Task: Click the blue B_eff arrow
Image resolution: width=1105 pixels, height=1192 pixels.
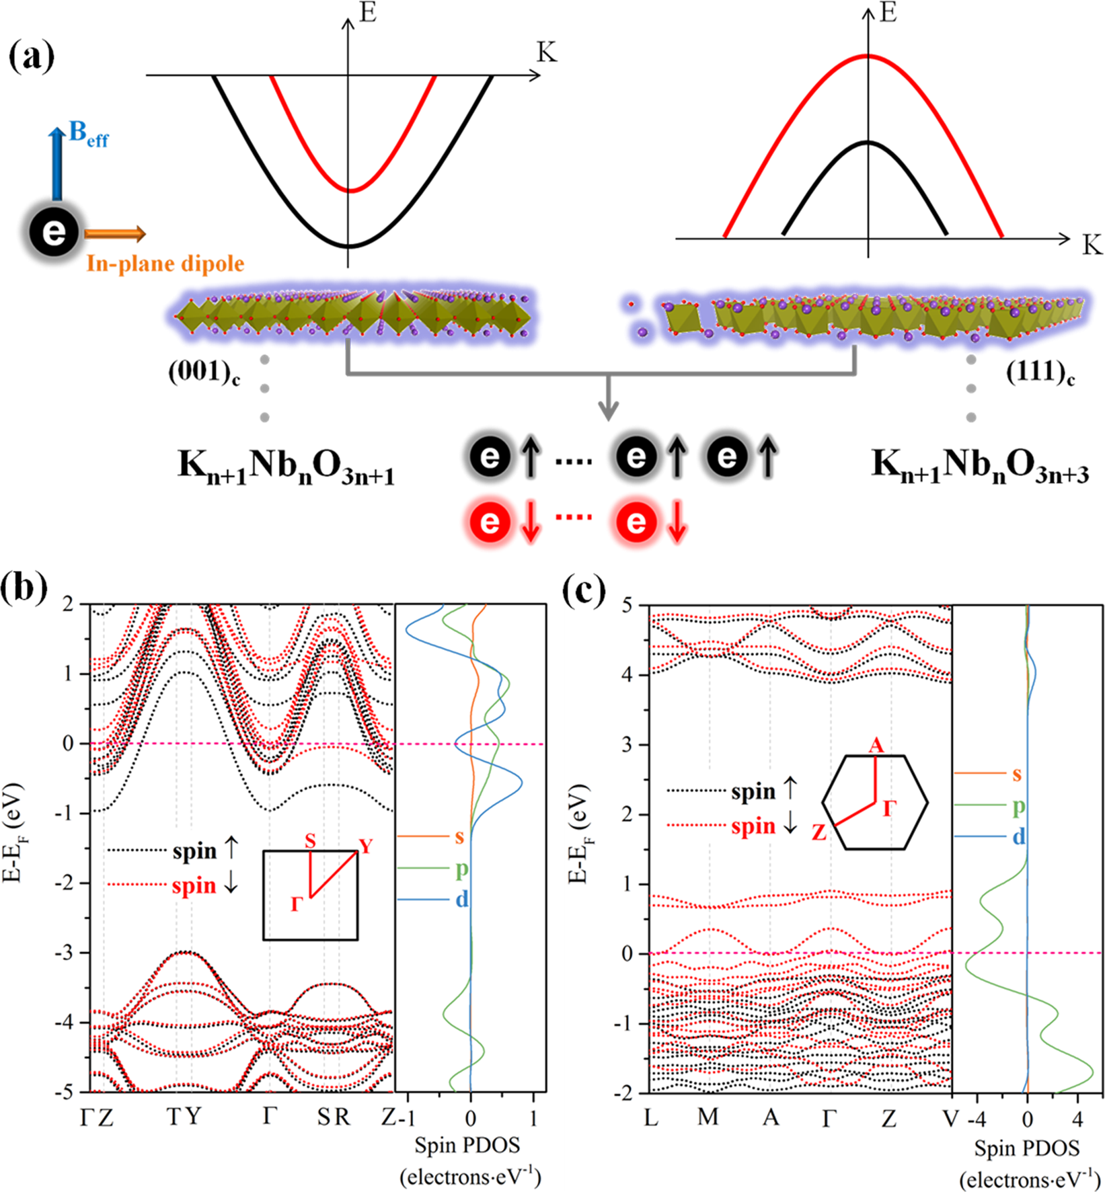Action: (57, 165)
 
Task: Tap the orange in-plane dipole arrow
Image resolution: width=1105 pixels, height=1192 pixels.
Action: (115, 234)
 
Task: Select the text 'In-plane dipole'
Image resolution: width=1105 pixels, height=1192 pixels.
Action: (165, 264)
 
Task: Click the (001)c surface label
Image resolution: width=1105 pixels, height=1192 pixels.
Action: (204, 372)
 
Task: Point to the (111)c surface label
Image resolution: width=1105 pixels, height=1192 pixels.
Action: (1040, 372)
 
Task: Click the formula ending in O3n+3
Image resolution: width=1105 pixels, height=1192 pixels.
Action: (980, 465)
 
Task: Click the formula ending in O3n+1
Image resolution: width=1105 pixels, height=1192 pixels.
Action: (286, 465)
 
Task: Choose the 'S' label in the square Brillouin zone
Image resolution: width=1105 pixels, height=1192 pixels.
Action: (310, 841)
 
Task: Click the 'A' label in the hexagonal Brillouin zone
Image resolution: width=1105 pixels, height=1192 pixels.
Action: (876, 746)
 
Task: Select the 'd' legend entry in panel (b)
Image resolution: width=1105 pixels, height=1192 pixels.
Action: (461, 899)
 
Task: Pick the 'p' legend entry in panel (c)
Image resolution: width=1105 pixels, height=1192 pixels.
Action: (1019, 805)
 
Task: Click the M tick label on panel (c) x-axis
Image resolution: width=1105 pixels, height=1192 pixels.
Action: (708, 1117)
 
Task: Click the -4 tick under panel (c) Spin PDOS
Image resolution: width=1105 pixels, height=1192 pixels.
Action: (977, 1119)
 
